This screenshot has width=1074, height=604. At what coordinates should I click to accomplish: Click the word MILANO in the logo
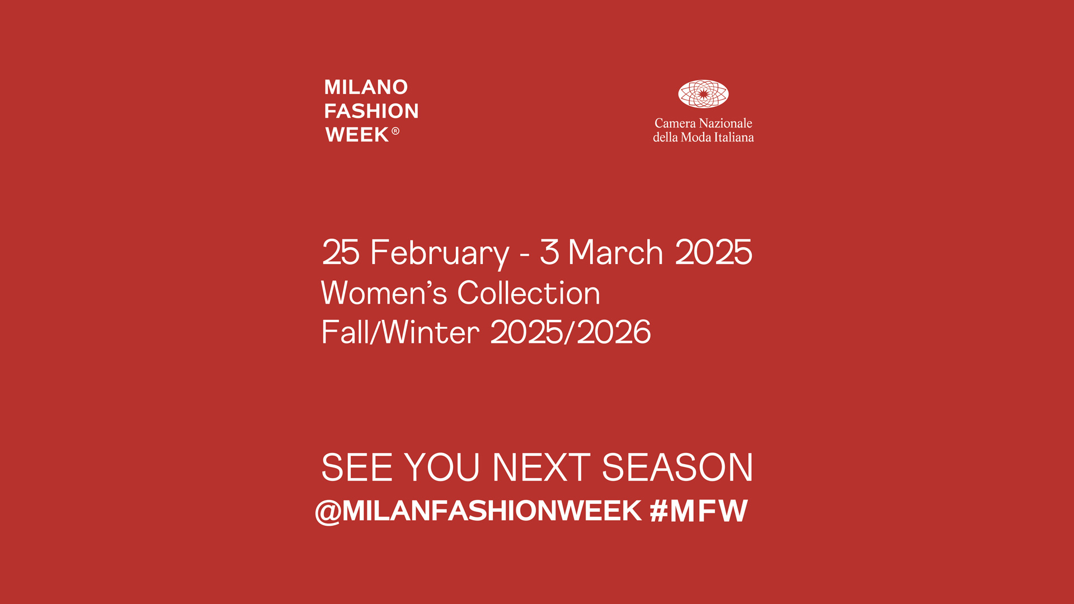[x=366, y=87]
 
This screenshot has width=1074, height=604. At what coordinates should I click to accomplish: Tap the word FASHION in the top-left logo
[x=371, y=111]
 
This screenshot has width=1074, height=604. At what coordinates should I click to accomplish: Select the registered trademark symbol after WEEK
[x=395, y=131]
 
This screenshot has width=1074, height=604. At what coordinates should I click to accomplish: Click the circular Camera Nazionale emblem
[x=703, y=94]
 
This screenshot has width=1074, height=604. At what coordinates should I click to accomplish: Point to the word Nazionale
[x=726, y=123]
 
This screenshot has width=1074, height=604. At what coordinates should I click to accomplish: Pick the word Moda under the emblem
[x=696, y=137]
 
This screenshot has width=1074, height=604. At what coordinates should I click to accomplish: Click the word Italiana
[x=734, y=137]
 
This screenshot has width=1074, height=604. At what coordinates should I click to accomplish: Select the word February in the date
[x=440, y=253]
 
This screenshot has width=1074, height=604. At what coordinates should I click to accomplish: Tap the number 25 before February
[x=341, y=252]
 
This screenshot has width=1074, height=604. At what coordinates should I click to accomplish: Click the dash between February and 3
[x=524, y=255]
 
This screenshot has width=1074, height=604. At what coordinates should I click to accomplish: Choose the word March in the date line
[x=615, y=252]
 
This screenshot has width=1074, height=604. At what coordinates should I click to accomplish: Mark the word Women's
[x=384, y=292]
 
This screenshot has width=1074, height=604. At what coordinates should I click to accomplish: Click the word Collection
[x=529, y=292]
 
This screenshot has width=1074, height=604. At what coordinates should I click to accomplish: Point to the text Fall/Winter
[x=401, y=332]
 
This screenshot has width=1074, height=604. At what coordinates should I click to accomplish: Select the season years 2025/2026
[x=571, y=332]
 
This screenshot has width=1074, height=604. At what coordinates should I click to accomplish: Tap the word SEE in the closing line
[x=357, y=467]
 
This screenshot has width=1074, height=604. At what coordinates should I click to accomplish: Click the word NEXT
[x=541, y=467]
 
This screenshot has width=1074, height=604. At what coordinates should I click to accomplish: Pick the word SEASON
[x=677, y=467]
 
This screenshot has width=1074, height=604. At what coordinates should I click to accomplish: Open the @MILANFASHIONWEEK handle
[x=478, y=511]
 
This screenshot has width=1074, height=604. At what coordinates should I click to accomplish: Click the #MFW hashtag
[x=699, y=511]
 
